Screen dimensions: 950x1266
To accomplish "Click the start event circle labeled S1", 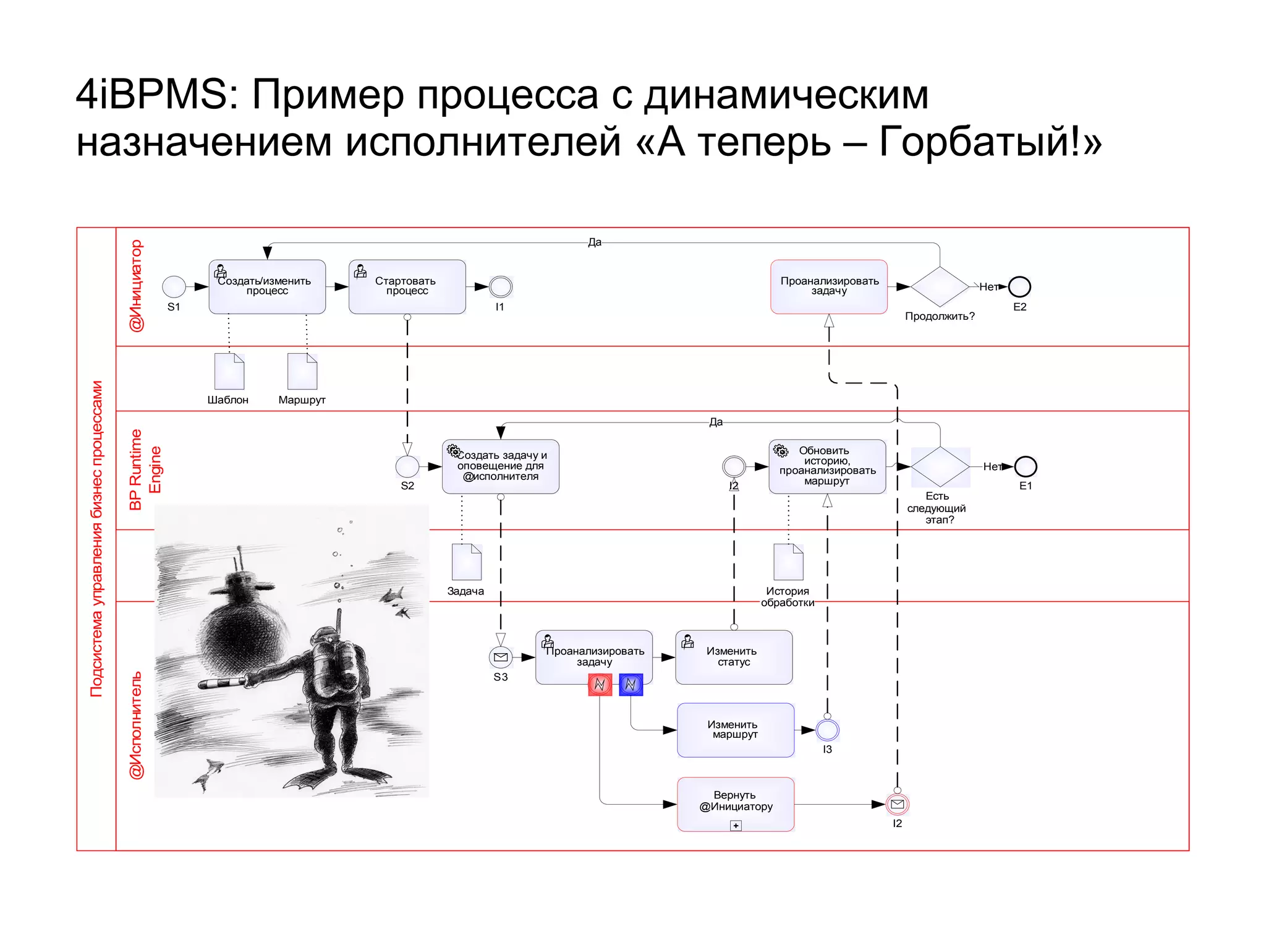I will (x=174, y=286).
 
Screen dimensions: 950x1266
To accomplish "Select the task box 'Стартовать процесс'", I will (x=407, y=286).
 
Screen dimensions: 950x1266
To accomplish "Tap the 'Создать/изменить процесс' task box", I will (x=267, y=286).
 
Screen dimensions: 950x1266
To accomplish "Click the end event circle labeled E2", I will (x=1019, y=286).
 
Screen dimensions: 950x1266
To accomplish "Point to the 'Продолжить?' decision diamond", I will (x=940, y=286).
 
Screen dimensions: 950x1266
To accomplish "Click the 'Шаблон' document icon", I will (x=229, y=371).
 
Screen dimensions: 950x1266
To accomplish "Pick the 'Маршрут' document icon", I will (x=302, y=371).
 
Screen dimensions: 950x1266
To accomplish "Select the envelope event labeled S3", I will (x=501, y=657).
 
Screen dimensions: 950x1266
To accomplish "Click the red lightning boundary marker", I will (x=600, y=685).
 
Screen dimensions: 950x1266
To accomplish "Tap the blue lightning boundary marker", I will (x=631, y=685).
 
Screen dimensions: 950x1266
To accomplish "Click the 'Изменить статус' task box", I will (x=734, y=657).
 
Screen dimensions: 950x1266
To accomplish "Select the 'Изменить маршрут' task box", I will (x=736, y=730).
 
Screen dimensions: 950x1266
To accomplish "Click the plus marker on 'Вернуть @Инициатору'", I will (x=736, y=826).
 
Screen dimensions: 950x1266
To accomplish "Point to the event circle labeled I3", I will (x=827, y=730).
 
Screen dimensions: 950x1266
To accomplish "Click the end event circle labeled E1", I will (x=1026, y=466).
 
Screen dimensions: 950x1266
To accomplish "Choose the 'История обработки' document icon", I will (x=788, y=562).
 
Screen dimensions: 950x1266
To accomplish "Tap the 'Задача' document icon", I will (x=467, y=562).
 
